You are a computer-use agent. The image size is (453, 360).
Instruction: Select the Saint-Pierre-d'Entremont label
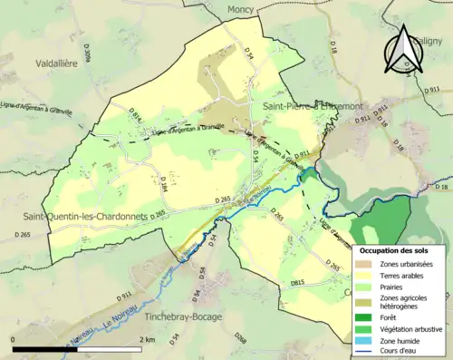click(312, 107)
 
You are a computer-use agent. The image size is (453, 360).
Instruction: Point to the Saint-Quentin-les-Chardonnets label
click(87, 216)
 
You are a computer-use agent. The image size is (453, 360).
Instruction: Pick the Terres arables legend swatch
click(364, 274)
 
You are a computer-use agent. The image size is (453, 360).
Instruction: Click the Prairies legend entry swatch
click(364, 286)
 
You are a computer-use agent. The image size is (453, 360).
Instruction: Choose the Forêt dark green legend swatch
click(364, 317)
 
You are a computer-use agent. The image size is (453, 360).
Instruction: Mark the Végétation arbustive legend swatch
click(364, 329)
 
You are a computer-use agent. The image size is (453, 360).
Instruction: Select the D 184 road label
click(164, 185)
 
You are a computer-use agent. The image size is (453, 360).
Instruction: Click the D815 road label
click(297, 284)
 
